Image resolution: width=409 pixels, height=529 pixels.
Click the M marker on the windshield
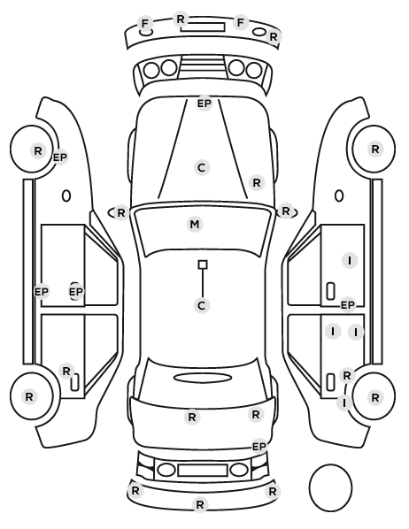click(195, 225)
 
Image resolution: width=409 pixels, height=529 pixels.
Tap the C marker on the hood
click(202, 167)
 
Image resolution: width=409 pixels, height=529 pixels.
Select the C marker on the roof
click(202, 306)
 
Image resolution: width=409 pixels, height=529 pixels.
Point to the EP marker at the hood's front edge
click(204, 103)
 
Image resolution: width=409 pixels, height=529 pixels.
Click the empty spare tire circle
click(330, 487)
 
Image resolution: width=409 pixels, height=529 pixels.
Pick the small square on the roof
click(203, 264)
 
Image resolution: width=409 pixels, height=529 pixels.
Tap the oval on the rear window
click(203, 378)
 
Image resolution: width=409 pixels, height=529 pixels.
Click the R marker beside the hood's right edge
click(257, 183)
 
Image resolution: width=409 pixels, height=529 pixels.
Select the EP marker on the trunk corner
click(259, 447)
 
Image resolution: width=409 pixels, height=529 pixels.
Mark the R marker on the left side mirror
click(121, 213)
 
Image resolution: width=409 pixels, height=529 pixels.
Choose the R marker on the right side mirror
click(286, 211)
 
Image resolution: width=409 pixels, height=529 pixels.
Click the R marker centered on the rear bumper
click(199, 505)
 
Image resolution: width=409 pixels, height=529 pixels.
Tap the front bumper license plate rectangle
click(203, 27)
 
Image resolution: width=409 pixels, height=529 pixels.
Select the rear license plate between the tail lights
click(203, 470)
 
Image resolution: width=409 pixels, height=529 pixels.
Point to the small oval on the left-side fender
click(66, 196)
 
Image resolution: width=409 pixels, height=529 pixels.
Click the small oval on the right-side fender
click(339, 196)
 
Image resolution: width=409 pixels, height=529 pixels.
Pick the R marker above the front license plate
click(181, 19)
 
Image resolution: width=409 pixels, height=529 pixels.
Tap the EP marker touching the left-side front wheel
click(60, 157)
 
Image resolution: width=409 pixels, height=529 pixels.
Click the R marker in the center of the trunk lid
click(192, 418)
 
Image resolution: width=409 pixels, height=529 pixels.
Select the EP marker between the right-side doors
click(348, 305)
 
